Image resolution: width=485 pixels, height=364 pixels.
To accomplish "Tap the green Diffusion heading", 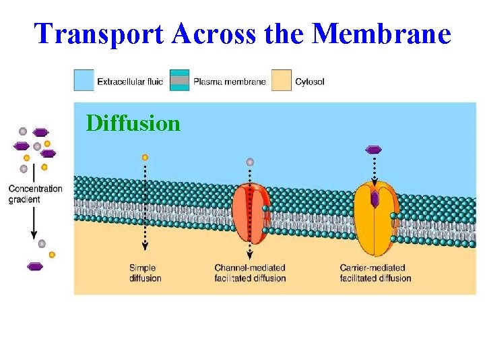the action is point(133,123).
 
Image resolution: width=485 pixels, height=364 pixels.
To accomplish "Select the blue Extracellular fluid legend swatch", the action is point(84,81).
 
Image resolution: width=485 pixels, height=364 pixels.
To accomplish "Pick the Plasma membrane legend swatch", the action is point(179,81).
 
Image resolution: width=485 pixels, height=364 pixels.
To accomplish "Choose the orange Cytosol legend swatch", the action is point(281,81).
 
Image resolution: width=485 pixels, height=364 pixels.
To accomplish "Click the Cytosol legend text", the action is point(310,82).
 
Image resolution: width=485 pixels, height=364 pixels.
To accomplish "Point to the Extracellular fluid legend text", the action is point(130,82).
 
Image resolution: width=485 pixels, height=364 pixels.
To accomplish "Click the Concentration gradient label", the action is point(35,194).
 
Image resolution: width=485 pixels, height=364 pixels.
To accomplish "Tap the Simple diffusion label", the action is point(145,273).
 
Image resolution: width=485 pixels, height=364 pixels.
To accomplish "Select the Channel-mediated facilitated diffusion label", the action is point(250,273).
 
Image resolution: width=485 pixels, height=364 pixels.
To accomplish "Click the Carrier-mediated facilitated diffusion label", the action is point(375,273).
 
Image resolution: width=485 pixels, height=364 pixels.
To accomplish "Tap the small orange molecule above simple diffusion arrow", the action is point(145,157).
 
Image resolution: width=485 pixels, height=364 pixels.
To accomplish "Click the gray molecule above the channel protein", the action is point(250,162).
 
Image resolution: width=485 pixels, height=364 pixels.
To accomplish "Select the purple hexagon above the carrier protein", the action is point(373,149).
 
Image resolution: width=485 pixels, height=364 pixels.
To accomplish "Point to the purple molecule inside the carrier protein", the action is point(375,200).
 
